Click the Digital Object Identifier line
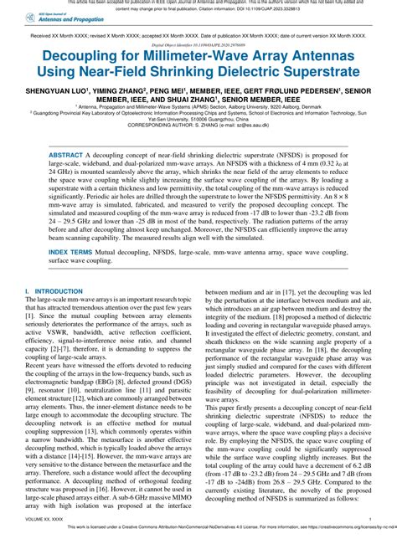(198, 48)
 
